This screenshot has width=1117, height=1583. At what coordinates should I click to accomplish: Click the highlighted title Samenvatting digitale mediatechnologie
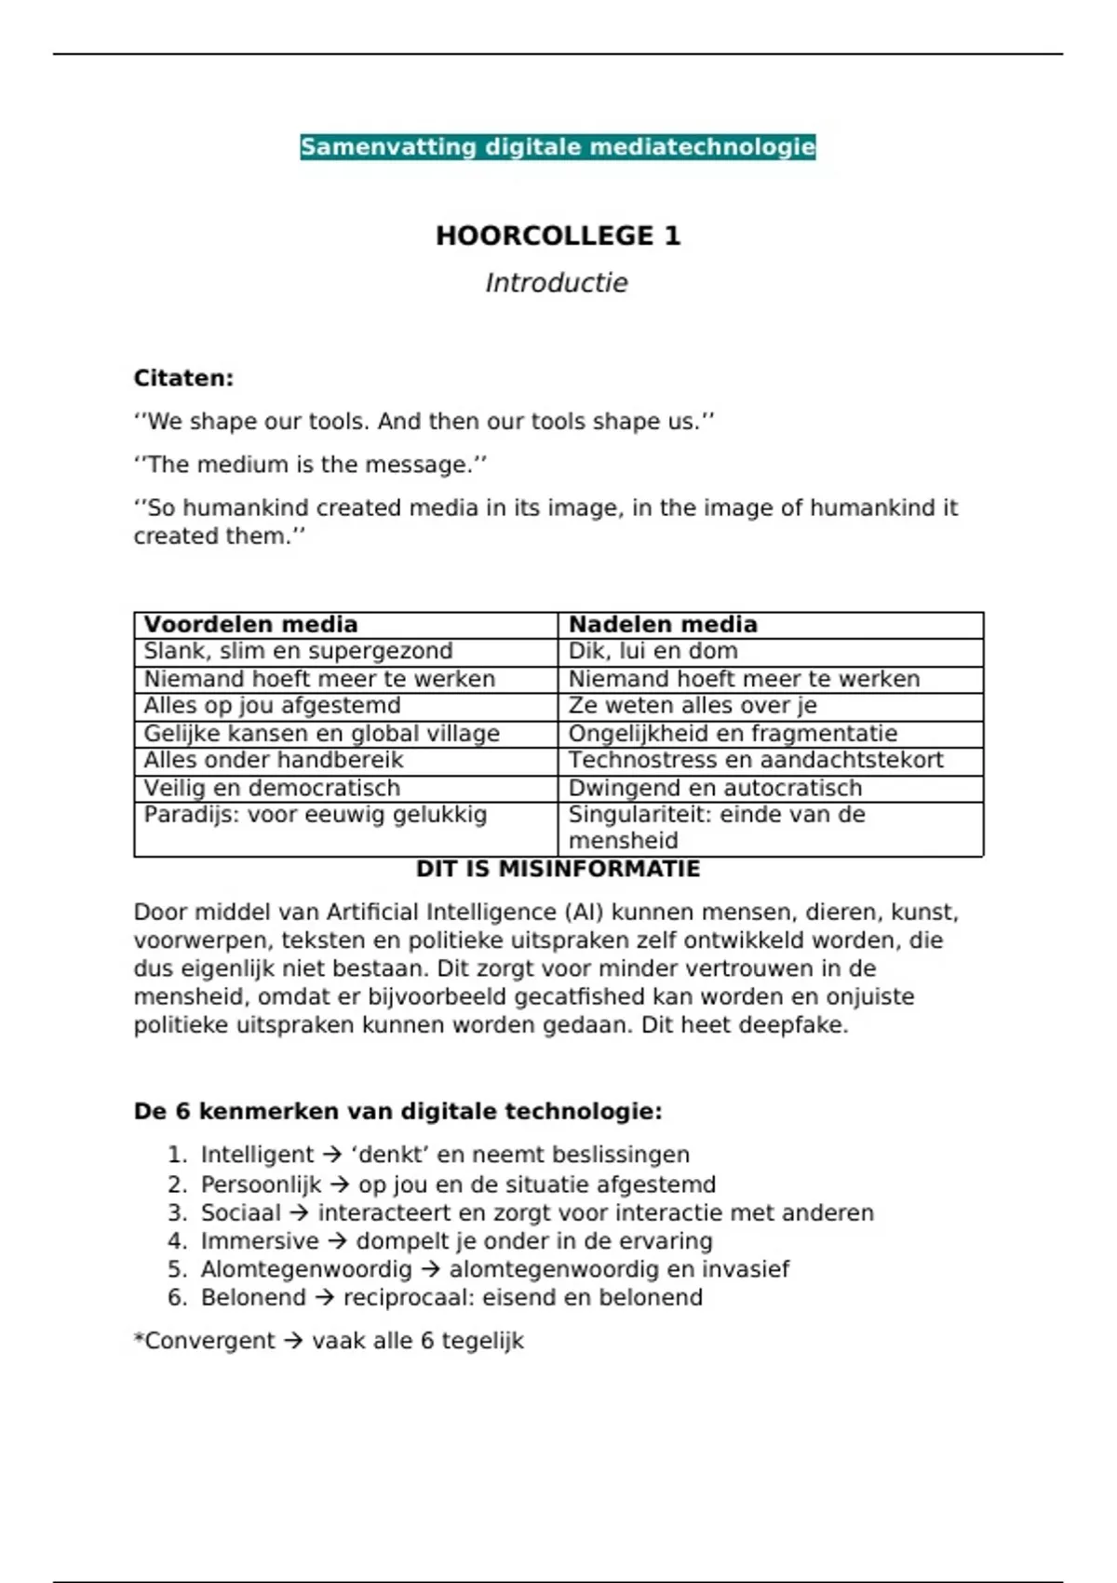[x=558, y=147]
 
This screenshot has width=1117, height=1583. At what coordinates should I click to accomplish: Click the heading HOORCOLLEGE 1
[x=558, y=236]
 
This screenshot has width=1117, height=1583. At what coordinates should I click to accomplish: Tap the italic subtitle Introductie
[x=557, y=283]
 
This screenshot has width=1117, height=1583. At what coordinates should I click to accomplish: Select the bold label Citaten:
[x=183, y=378]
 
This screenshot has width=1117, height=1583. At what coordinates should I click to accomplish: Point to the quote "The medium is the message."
[x=310, y=465]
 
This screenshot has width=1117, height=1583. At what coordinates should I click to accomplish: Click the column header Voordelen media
[x=250, y=625]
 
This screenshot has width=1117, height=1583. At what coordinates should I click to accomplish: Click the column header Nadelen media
[x=663, y=625]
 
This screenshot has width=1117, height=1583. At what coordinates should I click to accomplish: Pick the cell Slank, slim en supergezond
[x=298, y=651]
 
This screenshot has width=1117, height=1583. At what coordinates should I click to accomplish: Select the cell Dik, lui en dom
[x=653, y=651]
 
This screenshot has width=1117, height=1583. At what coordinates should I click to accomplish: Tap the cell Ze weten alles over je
[x=693, y=706]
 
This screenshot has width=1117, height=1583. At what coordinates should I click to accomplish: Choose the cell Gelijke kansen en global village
[x=321, y=734]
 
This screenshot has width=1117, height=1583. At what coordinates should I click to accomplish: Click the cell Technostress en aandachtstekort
[x=756, y=761]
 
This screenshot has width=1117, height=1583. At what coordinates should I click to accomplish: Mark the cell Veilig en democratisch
[x=272, y=788]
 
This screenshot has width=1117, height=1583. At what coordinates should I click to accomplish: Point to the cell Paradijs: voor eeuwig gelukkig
[x=315, y=815]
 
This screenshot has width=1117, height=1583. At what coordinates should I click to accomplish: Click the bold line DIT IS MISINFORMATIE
[x=558, y=869]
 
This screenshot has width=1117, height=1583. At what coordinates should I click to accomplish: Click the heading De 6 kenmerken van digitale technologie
[x=397, y=1111]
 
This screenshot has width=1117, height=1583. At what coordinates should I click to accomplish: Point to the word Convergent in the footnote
[x=209, y=1341]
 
